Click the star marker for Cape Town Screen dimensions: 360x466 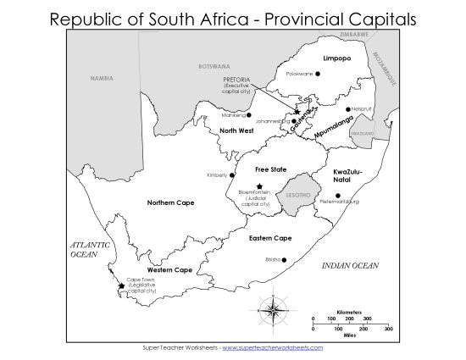point(122,286)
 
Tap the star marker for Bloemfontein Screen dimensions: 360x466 point(259,186)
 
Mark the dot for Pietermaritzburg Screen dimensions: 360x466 point(338,196)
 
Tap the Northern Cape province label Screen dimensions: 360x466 point(171,202)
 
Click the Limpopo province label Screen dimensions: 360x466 point(337,58)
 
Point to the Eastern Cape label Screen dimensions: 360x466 point(270,238)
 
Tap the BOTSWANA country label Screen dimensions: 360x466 point(214,66)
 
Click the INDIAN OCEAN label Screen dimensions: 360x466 point(350,266)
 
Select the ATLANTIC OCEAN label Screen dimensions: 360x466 point(90,249)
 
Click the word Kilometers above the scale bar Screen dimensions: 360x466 point(350,311)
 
